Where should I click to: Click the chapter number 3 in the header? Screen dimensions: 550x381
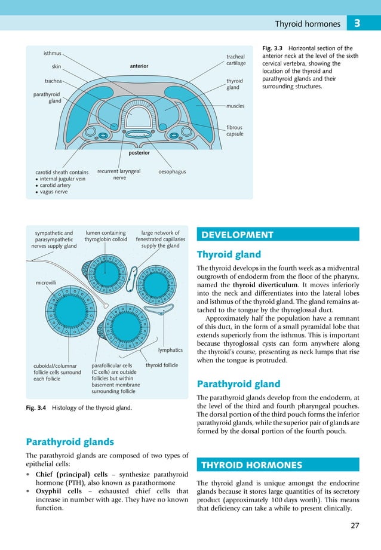357,24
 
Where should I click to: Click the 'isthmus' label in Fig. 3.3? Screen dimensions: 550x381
52,53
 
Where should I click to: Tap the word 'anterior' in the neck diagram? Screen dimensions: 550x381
139,66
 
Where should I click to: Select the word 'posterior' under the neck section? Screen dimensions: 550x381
139,153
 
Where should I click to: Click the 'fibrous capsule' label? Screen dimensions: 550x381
235,131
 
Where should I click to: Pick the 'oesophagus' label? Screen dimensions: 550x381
172,172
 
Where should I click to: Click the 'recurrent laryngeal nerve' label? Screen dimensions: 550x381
119,174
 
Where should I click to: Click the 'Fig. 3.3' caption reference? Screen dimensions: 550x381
272,49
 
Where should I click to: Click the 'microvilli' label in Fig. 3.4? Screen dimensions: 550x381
46,281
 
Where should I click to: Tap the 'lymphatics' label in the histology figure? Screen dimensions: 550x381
170,351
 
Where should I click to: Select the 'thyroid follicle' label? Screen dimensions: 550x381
162,365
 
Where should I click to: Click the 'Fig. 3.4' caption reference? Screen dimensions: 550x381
37,408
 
